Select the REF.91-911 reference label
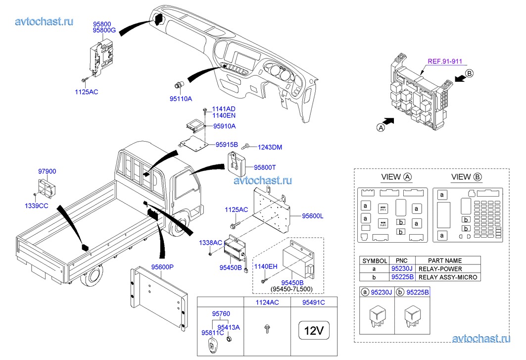444,62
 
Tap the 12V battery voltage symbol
313,330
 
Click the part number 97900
48,172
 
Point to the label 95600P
163,267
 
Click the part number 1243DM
270,147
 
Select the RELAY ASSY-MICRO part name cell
448,277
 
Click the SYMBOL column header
375,260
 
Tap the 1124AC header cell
267,302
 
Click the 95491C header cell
314,302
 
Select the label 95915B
227,145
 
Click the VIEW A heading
397,177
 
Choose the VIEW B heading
466,177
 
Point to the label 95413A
229,327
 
